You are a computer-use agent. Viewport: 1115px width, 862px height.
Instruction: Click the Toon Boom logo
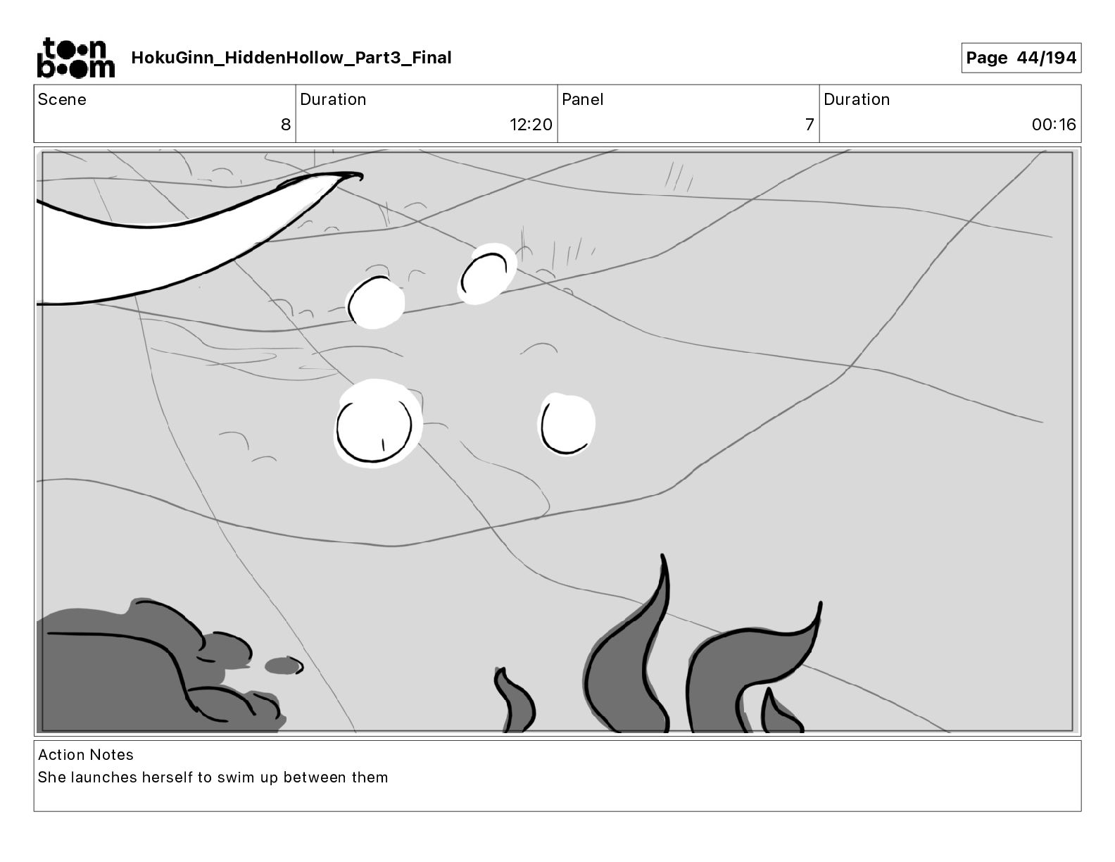tap(76, 58)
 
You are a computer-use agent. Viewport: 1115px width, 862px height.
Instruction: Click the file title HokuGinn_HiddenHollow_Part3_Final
tap(291, 58)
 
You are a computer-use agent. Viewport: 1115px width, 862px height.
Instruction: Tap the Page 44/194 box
tap(1021, 58)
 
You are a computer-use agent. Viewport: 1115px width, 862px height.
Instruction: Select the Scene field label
tap(62, 99)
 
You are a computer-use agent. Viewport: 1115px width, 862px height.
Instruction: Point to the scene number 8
tap(286, 124)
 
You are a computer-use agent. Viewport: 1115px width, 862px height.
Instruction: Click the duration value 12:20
tap(531, 124)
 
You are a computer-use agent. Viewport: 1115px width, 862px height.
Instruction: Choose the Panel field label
tap(582, 99)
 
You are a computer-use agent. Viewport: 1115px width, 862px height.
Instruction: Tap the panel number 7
tap(810, 124)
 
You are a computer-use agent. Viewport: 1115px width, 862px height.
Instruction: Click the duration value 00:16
tap(1054, 124)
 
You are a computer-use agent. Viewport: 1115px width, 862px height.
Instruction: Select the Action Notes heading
tap(86, 754)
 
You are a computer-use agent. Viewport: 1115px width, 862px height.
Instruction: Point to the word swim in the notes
tap(237, 777)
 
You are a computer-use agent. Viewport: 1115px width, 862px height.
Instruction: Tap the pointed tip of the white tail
tap(360, 177)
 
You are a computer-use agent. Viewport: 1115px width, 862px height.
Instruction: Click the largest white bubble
tap(377, 423)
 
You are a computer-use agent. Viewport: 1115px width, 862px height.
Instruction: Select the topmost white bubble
tap(487, 274)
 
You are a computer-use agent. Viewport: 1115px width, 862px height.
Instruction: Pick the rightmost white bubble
tap(567, 425)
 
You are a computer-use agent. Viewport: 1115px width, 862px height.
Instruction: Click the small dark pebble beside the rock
tap(284, 666)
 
